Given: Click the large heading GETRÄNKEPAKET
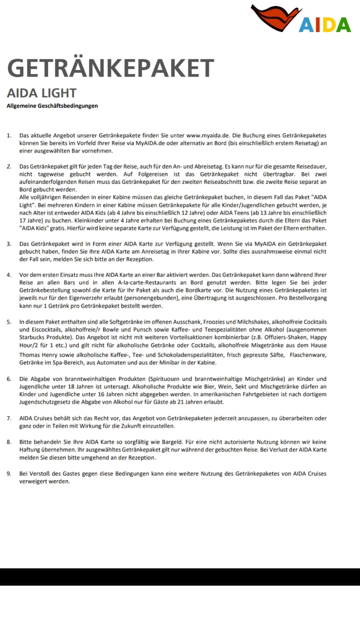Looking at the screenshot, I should [x=111, y=68].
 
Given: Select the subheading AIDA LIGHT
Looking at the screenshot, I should [x=42, y=93].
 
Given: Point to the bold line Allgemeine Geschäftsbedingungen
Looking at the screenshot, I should [x=52, y=106].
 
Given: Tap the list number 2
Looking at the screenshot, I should [x=9, y=167].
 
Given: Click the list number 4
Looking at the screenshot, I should [x=9, y=275].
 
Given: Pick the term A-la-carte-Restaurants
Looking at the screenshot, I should [x=147, y=283].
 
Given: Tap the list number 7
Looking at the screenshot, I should [x=9, y=418].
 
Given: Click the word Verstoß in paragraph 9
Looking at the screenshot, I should [x=39, y=473].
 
